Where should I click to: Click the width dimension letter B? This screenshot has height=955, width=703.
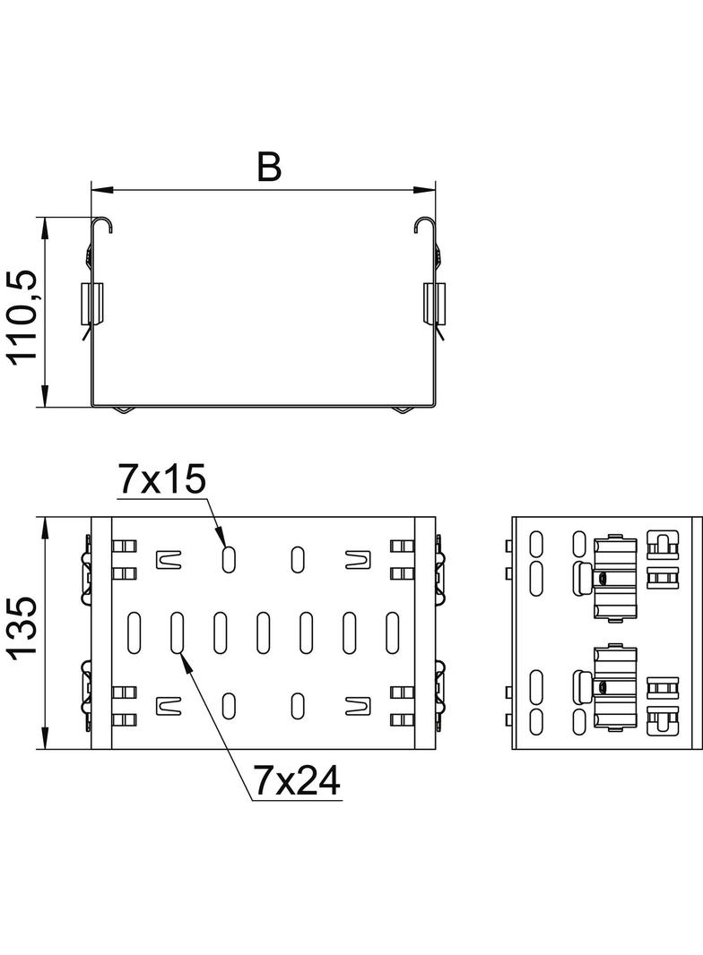269,167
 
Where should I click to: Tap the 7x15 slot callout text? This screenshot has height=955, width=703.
161,480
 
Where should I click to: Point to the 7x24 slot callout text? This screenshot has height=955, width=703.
297,782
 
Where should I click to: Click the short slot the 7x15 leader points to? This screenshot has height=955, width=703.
229,559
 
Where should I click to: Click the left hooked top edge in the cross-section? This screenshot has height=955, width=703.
102,224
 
